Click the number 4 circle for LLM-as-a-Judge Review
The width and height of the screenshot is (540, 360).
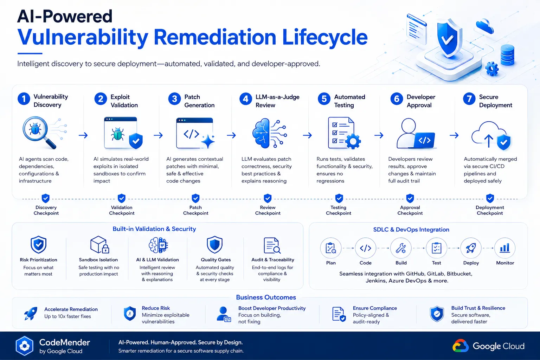pyautogui.click(x=246, y=99)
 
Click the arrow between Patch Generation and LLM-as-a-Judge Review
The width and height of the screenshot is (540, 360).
pyautogui.click(x=231, y=135)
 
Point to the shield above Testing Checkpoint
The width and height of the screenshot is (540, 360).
pyautogui.click(x=339, y=198)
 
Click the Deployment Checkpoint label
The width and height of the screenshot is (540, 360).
pyautogui.click(x=490, y=210)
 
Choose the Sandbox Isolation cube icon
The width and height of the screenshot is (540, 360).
pyautogui.click(x=99, y=245)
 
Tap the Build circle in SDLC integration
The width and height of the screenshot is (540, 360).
pyautogui.click(x=401, y=248)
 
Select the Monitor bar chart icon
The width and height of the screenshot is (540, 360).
pyautogui.click(x=504, y=248)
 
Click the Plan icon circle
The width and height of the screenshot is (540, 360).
pyautogui.click(x=331, y=248)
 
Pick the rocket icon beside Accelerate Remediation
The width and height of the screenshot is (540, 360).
pyautogui.click(x=31, y=313)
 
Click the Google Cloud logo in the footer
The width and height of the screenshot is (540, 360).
pyautogui.click(x=461, y=346)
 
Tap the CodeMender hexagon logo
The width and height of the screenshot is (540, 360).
pyautogui.click(x=24, y=346)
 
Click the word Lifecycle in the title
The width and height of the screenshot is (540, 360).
pyautogui.click(x=325, y=37)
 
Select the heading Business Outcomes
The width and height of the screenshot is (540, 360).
pyautogui.click(x=266, y=297)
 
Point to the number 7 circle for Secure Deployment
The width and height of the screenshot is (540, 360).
pyautogui.click(x=469, y=99)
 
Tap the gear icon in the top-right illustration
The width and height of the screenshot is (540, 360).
pyautogui.click(x=491, y=69)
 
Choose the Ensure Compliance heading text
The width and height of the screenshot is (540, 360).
pyautogui.click(x=375, y=308)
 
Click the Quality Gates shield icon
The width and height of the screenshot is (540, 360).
pyautogui.click(x=214, y=245)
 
